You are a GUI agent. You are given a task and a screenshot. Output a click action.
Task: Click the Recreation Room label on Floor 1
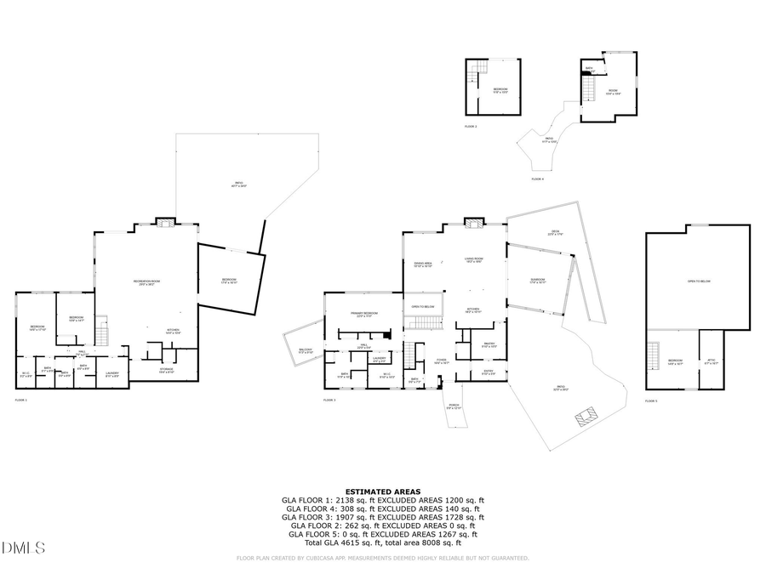pyautogui.click(x=146, y=282)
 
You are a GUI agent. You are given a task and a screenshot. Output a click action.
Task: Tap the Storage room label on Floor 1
pyautogui.click(x=168, y=371)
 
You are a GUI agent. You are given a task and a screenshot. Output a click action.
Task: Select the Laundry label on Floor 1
pyautogui.click(x=112, y=373)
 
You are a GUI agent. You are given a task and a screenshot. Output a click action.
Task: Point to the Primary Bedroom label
pyautogui.click(x=363, y=315)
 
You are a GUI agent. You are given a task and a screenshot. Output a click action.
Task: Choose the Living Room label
pyautogui.click(x=473, y=260)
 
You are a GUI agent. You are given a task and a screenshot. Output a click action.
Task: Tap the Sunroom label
pyautogui.click(x=537, y=281)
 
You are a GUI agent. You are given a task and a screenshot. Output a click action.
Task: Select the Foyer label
pyautogui.click(x=442, y=360)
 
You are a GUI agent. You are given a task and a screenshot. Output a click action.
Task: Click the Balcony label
pyautogui.click(x=306, y=350)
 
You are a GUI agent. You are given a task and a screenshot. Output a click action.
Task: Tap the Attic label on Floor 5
pyautogui.click(x=712, y=361)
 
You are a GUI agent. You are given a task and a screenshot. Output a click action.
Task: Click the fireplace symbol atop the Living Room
pyautogui.click(x=472, y=223)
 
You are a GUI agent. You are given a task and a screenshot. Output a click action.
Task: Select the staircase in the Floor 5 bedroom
pyautogui.click(x=654, y=353)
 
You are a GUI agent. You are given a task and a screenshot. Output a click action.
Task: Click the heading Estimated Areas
pyautogui.click(x=382, y=492)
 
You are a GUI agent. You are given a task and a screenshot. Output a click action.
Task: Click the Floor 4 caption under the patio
pyautogui.click(x=537, y=179)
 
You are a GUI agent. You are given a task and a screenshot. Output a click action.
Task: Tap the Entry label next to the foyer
pyautogui.click(x=488, y=372)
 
